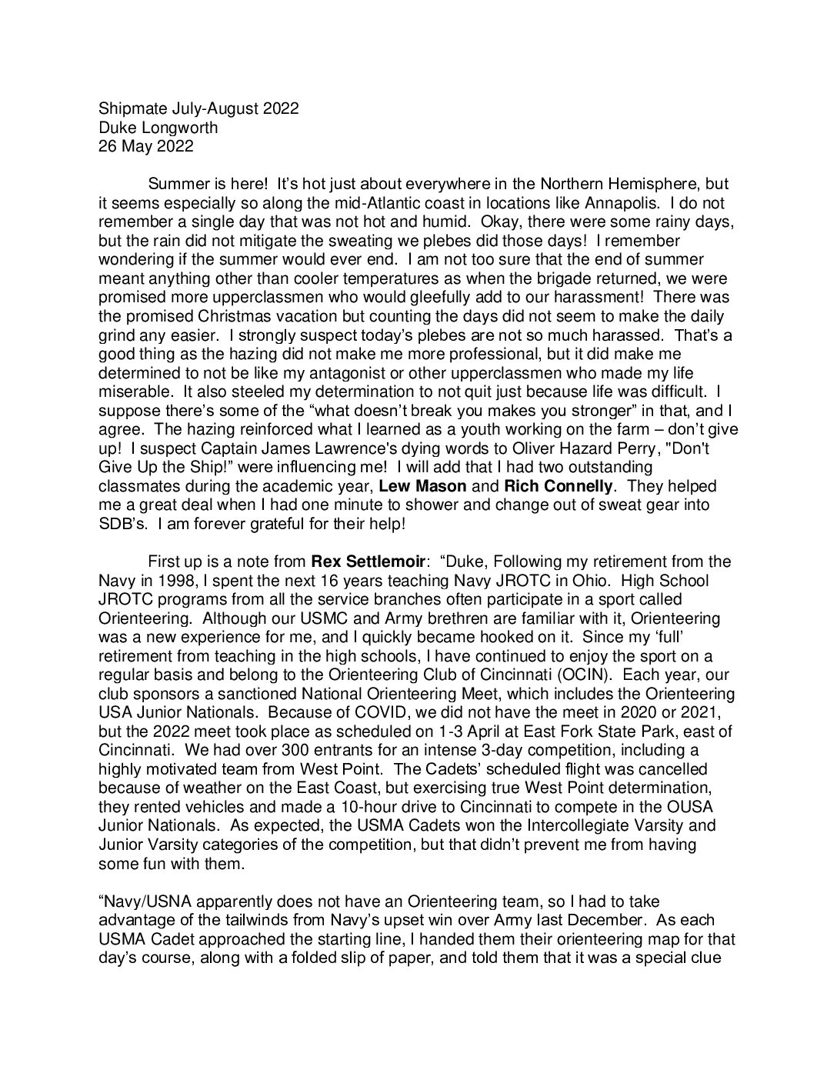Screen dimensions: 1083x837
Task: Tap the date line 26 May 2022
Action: (x=146, y=146)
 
